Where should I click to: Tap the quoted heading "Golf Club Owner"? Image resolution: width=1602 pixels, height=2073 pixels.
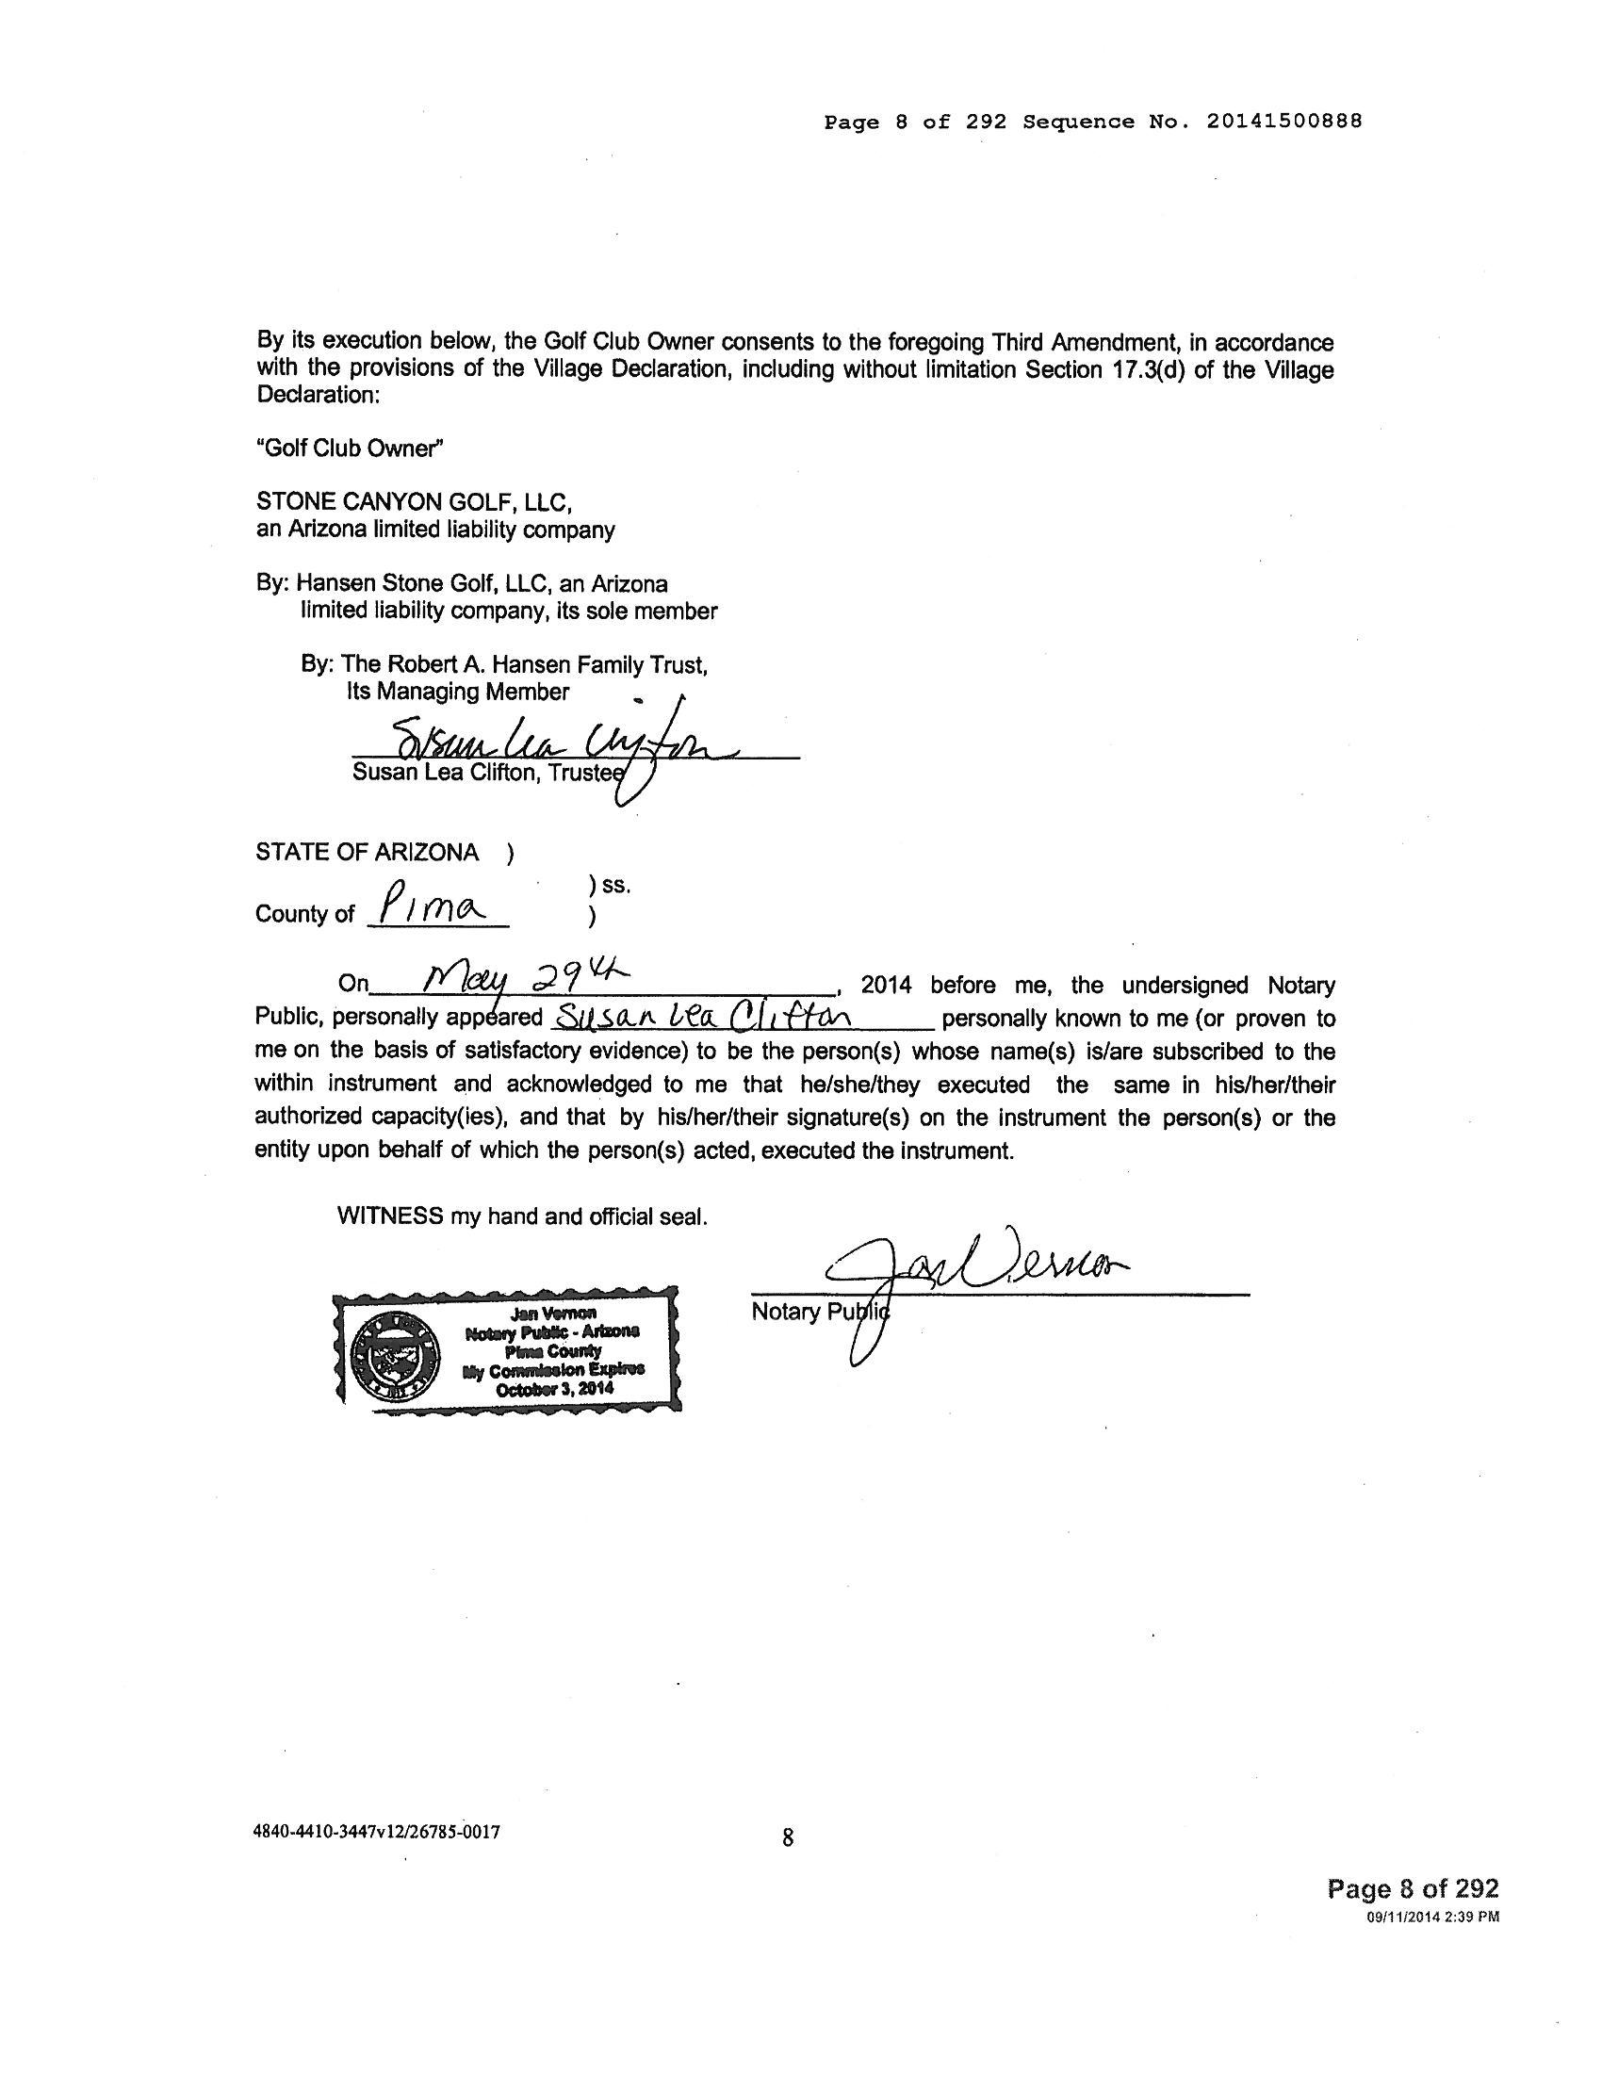(x=350, y=448)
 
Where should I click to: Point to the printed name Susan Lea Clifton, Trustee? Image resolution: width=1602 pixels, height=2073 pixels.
(x=488, y=773)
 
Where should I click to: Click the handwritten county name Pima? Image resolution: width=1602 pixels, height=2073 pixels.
(x=432, y=906)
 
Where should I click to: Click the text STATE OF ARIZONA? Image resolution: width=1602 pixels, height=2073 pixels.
(x=368, y=852)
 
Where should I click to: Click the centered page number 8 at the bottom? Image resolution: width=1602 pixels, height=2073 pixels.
(x=788, y=1837)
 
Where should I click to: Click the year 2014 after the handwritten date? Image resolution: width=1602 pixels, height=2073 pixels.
(x=886, y=986)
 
